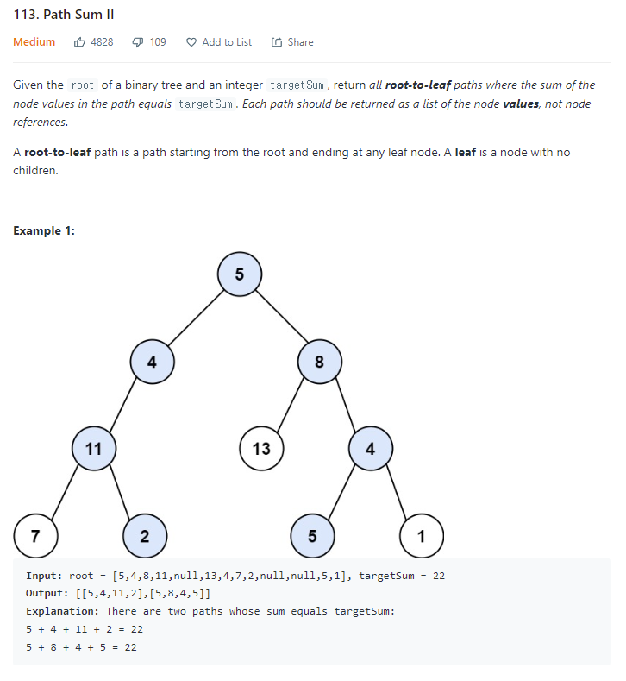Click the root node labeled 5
[x=240, y=274]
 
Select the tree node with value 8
[x=320, y=361]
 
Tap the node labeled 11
[x=95, y=448]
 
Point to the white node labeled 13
[x=261, y=448]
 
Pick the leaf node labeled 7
[x=34, y=534]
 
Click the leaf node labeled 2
[x=144, y=535]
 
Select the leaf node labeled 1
[x=421, y=535]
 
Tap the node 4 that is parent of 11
[x=152, y=361]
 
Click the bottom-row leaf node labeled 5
[x=312, y=535]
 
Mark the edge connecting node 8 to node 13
[x=291, y=403]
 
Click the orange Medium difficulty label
[x=34, y=42]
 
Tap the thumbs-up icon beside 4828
[x=79, y=42]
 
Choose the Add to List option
[x=219, y=42]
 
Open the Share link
[x=292, y=42]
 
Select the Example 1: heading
[x=44, y=230]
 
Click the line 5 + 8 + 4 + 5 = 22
[x=81, y=646]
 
